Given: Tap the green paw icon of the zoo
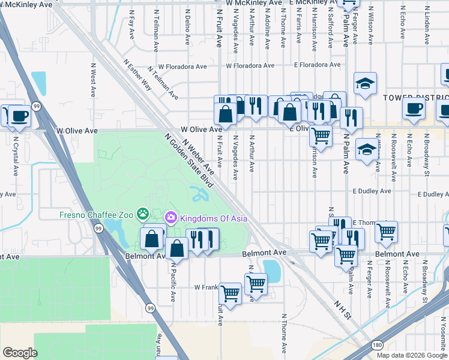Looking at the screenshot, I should click(x=143, y=214).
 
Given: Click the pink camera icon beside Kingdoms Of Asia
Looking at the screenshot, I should click(x=170, y=217).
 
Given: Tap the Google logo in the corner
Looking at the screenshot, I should click(x=20, y=353).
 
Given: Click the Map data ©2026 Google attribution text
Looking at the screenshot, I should click(x=411, y=355).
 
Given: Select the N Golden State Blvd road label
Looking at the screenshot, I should click(x=190, y=161).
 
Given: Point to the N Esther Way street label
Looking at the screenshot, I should click(x=137, y=74).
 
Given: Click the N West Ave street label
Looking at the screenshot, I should click(x=94, y=81).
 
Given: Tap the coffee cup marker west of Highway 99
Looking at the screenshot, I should click(x=19, y=115).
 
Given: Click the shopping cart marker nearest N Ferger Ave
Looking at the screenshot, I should click(x=386, y=230).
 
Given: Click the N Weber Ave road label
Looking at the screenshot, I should click(x=198, y=155).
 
